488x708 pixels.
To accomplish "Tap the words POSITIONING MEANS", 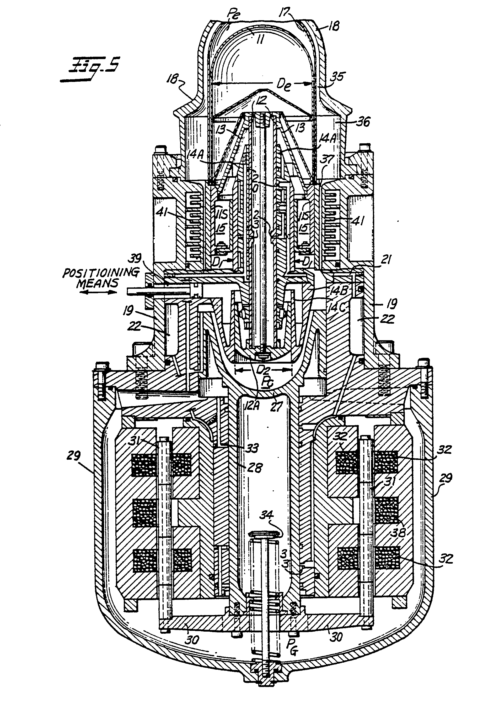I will (x=101, y=277).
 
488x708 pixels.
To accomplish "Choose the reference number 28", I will (x=255, y=468).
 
